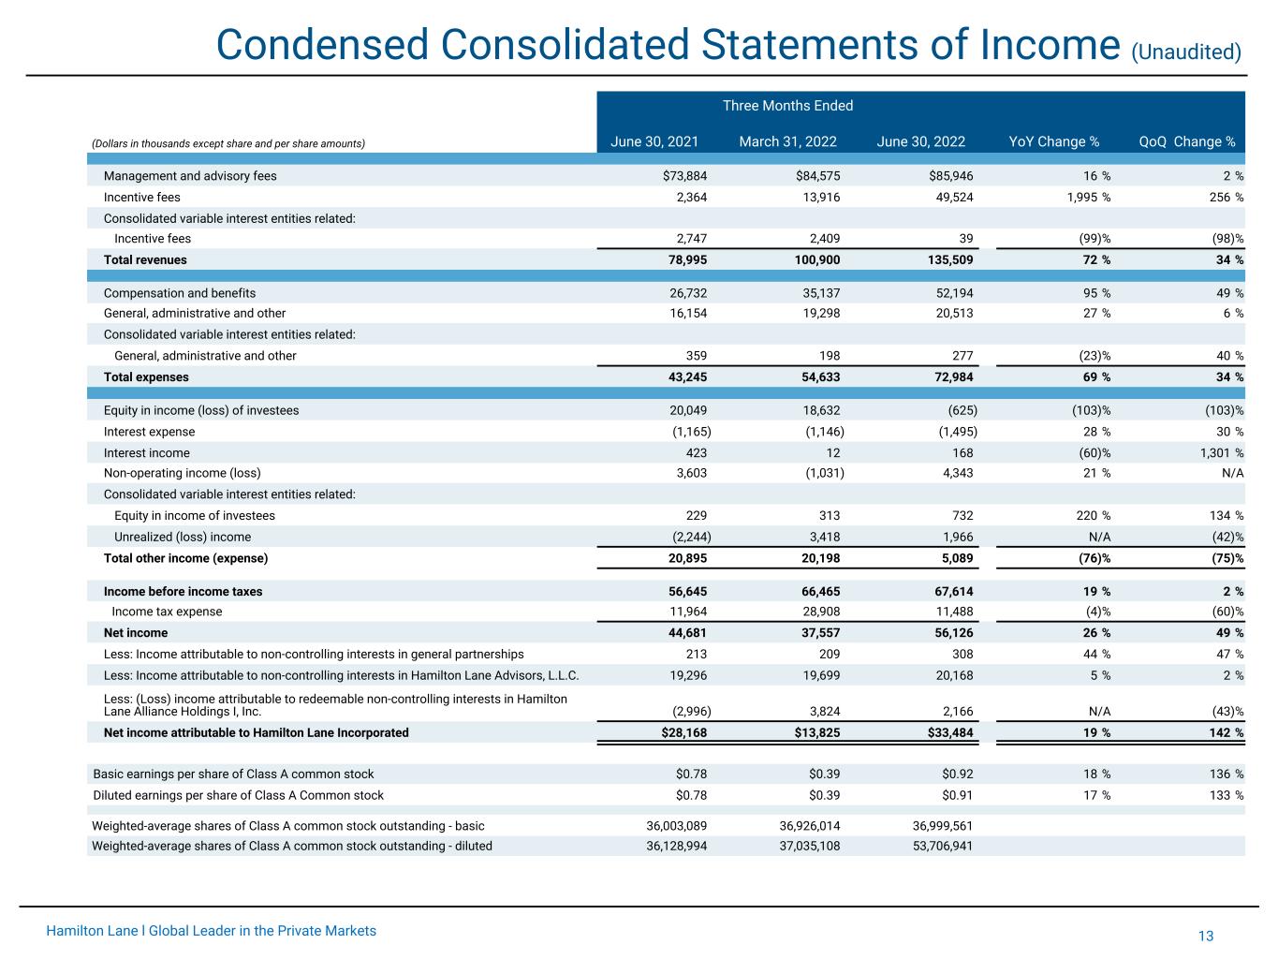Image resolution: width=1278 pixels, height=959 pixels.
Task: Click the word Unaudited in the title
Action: tap(1186, 52)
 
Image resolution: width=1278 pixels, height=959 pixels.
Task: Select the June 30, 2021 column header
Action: tap(654, 142)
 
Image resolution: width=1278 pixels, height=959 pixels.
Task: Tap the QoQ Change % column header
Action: tap(1186, 142)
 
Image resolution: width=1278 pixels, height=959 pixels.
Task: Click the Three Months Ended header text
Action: tap(787, 106)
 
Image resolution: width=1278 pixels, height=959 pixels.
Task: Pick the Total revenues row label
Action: tap(145, 259)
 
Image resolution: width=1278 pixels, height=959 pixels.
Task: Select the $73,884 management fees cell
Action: tap(681, 176)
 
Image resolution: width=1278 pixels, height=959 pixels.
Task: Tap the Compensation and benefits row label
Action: tap(180, 293)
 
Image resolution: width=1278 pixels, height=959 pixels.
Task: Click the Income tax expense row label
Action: tap(167, 612)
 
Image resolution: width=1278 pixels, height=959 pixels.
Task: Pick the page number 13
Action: tap(1205, 937)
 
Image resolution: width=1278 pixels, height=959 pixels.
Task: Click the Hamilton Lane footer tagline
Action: tap(212, 931)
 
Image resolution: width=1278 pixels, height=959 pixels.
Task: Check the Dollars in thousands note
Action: tap(228, 143)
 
